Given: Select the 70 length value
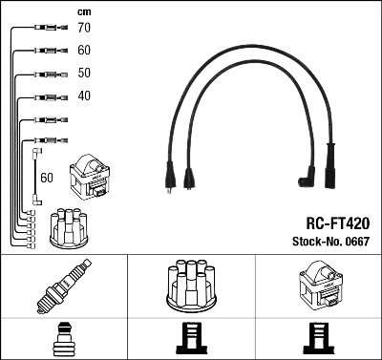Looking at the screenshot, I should pyautogui.click(x=84, y=30).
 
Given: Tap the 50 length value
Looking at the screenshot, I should pyautogui.click(x=84, y=74).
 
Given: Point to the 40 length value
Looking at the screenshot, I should pyautogui.click(x=84, y=95).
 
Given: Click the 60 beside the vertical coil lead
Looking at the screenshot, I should pyautogui.click(x=47, y=178).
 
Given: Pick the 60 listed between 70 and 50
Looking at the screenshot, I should pyautogui.click(x=84, y=51).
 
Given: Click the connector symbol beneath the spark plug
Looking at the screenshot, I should pyautogui.click(x=64, y=340).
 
